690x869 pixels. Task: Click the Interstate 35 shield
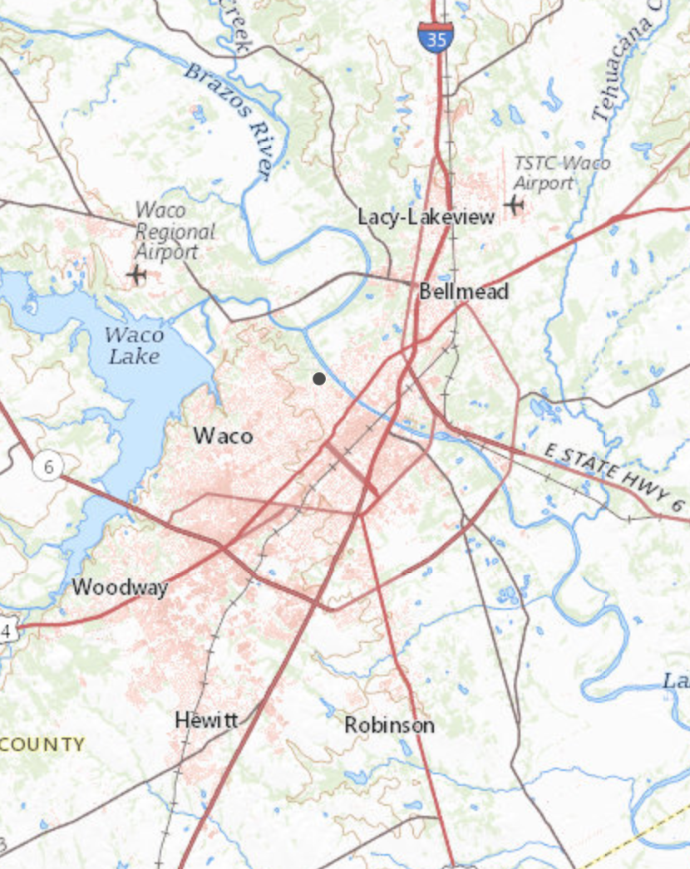pos(435,37)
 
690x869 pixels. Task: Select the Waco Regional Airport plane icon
pos(136,273)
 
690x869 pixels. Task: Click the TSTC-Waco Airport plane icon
pos(515,203)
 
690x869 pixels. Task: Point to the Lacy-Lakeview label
pos(426,217)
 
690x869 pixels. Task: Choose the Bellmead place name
pos(463,292)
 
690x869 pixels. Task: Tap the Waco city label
pos(223,434)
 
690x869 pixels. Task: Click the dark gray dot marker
pos(319,379)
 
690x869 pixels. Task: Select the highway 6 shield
pos(49,467)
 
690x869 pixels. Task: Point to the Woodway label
pos(120,587)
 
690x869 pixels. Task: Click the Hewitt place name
pos(206,720)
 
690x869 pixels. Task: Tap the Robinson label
pos(389,725)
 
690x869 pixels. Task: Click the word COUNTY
pos(43,744)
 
